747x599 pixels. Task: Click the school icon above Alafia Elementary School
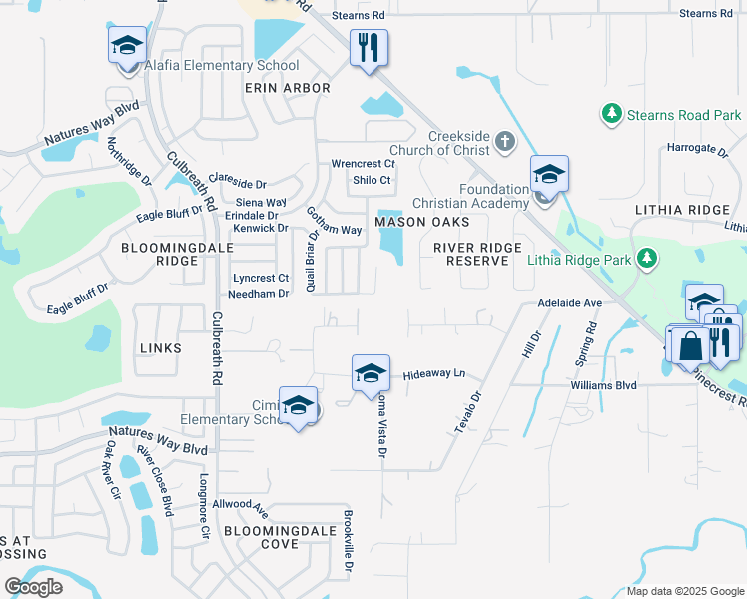(x=127, y=46)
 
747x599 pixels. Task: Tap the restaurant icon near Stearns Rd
(x=369, y=47)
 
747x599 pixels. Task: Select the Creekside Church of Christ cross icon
(x=505, y=143)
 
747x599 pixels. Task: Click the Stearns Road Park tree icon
(x=612, y=115)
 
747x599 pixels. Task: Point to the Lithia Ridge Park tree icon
(x=648, y=260)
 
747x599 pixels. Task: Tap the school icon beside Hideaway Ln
(x=371, y=374)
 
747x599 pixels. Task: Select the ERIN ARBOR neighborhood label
(x=288, y=89)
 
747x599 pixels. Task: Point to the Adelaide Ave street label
(x=570, y=302)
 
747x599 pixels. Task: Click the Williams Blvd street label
(x=603, y=383)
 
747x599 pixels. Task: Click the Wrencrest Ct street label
(x=364, y=163)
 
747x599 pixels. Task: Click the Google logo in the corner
(x=34, y=586)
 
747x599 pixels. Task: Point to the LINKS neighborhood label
(x=162, y=347)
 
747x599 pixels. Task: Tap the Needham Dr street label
(x=259, y=294)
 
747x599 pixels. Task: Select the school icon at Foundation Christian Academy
(x=548, y=175)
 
